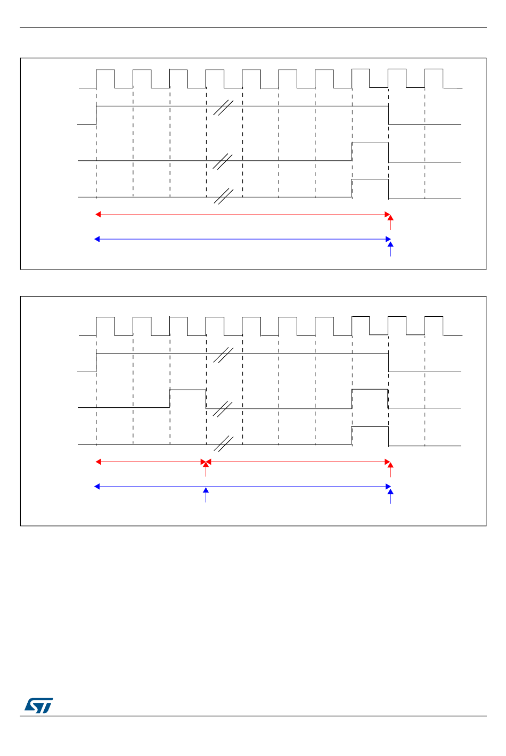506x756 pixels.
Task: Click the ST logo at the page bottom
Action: pos(38,705)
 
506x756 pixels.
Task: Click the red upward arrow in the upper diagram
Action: pos(390,222)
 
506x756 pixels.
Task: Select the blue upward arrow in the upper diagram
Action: pos(390,249)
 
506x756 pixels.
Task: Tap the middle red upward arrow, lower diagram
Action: pos(206,469)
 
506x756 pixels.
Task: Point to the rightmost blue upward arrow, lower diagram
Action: pos(390,496)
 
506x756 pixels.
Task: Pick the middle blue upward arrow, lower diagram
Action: pos(206,495)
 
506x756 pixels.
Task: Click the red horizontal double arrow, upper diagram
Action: pos(242,215)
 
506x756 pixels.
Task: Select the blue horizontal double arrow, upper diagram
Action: pos(242,240)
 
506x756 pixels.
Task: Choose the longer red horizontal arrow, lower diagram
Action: pos(298,462)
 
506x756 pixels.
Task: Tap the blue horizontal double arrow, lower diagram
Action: pos(242,486)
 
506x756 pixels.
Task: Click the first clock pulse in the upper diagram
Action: pos(105,78)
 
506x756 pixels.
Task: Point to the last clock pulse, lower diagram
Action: pos(434,326)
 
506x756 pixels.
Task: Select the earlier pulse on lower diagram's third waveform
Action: pos(187,398)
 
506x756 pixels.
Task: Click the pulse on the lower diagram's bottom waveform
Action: pos(370,435)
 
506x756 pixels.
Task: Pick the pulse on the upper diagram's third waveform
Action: pos(370,151)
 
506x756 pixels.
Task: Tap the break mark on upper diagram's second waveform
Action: pos(223,107)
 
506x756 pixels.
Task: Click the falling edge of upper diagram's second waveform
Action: pos(388,115)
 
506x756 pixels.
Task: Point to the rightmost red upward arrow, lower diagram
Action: pos(390,470)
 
